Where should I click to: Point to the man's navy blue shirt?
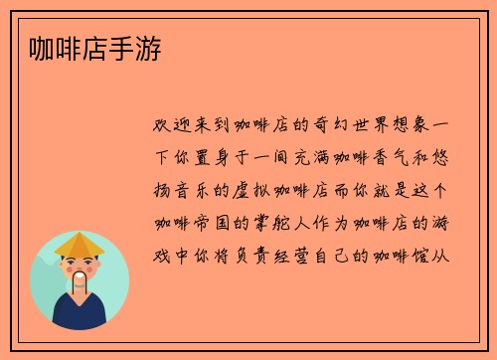click(80, 316)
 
